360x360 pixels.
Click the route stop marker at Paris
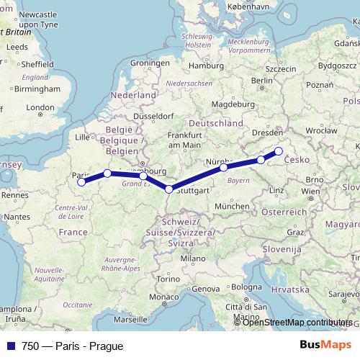(81, 181)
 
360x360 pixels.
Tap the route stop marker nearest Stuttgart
(169, 189)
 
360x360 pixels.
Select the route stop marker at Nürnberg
(224, 167)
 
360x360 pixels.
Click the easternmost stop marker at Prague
(279, 151)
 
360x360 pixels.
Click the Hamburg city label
(202, 66)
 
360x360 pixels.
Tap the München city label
(231, 206)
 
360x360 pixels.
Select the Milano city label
(193, 258)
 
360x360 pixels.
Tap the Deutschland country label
(217, 123)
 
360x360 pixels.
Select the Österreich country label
(284, 212)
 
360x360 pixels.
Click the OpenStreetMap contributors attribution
(297, 322)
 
